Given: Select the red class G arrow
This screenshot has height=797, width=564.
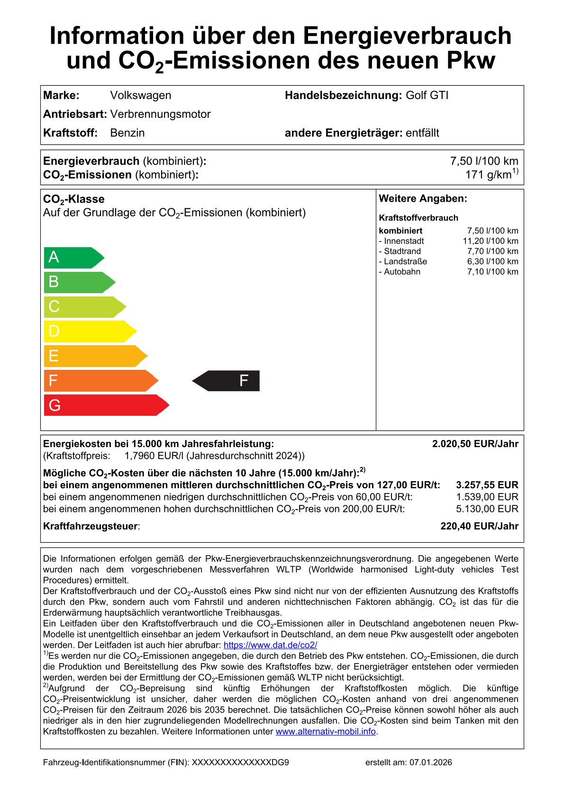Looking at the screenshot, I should click(x=104, y=405).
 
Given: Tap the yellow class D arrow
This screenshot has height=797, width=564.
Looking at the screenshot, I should click(x=88, y=331).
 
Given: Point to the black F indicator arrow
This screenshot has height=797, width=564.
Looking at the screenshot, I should click(x=227, y=381).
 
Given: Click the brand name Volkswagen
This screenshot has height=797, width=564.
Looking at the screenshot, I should click(x=140, y=95).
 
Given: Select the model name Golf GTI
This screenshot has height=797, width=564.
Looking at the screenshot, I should click(x=427, y=95).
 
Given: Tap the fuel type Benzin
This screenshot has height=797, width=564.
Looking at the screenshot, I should click(x=127, y=133).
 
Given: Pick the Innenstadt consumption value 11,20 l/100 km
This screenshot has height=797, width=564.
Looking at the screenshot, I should click(x=491, y=241).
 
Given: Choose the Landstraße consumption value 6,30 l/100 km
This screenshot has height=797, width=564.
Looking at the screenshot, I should click(x=492, y=261).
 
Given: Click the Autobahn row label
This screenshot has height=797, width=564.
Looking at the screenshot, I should click(x=400, y=272).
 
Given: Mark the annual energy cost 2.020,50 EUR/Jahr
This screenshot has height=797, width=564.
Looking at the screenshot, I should click(x=475, y=444).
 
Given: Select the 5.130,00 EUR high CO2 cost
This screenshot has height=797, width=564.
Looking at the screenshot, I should click(x=487, y=509).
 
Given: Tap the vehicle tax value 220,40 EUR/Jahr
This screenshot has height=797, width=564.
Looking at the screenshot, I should click(x=479, y=526).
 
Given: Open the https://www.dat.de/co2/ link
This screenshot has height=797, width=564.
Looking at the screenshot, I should click(x=270, y=645).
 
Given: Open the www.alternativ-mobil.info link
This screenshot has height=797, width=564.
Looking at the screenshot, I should click(x=326, y=732).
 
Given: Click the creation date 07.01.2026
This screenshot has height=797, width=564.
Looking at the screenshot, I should click(x=430, y=762).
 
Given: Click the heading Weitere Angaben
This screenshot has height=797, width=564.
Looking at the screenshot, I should click(x=423, y=198).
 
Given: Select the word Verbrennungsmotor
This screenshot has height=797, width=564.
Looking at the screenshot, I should click(x=160, y=114).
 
